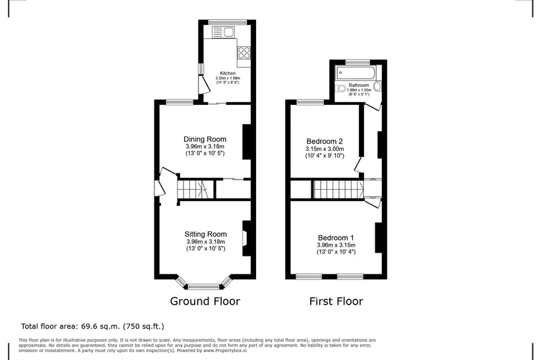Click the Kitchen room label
pyautogui.click(x=228, y=73)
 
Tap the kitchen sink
pyautogui.click(x=223, y=32)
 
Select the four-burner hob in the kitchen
pyautogui.click(x=243, y=53)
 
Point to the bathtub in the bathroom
pyautogui.click(x=356, y=73)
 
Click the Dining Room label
pyautogui.click(x=205, y=139)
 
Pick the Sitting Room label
pyautogui.click(x=206, y=235)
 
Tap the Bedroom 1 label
pyautogui.click(x=336, y=238)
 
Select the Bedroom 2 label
pyautogui.click(x=325, y=141)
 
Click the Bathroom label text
pyautogui.click(x=359, y=85)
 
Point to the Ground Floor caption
pyautogui.click(x=205, y=301)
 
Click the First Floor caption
pyautogui.click(x=336, y=301)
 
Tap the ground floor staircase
pyautogui.click(x=193, y=189)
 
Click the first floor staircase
pyautogui.click(x=338, y=189)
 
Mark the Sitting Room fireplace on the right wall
pyautogui.click(x=246, y=238)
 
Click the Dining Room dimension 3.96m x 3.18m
pyautogui.click(x=205, y=146)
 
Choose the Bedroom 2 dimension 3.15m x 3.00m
pyautogui.click(x=325, y=149)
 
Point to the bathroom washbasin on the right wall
pyautogui.click(x=378, y=86)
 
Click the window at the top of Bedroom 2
pyautogui.click(x=311, y=102)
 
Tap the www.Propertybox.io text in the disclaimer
pyautogui.click(x=225, y=350)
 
